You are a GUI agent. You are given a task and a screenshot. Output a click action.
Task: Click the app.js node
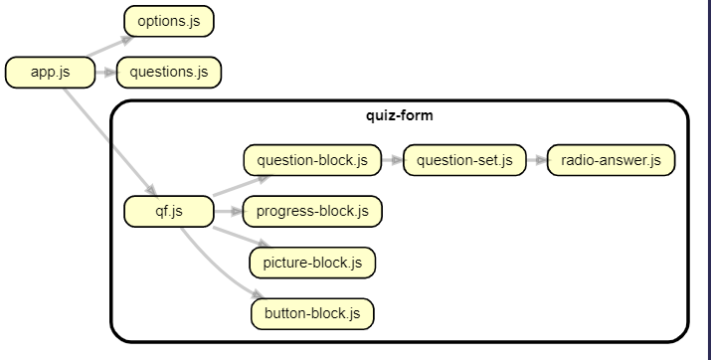click(50, 72)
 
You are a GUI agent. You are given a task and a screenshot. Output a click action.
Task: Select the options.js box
click(168, 21)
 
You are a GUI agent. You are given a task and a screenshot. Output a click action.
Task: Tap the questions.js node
click(168, 72)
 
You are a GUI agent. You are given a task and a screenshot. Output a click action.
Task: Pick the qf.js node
click(168, 211)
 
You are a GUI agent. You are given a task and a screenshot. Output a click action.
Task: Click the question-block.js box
click(312, 160)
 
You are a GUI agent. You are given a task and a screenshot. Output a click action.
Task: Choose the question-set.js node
click(463, 160)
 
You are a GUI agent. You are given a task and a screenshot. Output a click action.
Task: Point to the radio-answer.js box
click(611, 160)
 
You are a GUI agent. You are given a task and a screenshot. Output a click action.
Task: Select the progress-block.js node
click(312, 211)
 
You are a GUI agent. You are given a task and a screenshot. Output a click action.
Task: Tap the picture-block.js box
click(312, 263)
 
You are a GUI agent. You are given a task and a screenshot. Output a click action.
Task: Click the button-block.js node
click(312, 313)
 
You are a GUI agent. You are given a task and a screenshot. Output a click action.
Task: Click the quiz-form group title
click(399, 115)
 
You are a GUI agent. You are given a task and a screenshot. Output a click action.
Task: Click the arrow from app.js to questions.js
click(106, 72)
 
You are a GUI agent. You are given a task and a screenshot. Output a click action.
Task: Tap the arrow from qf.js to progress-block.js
click(228, 211)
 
